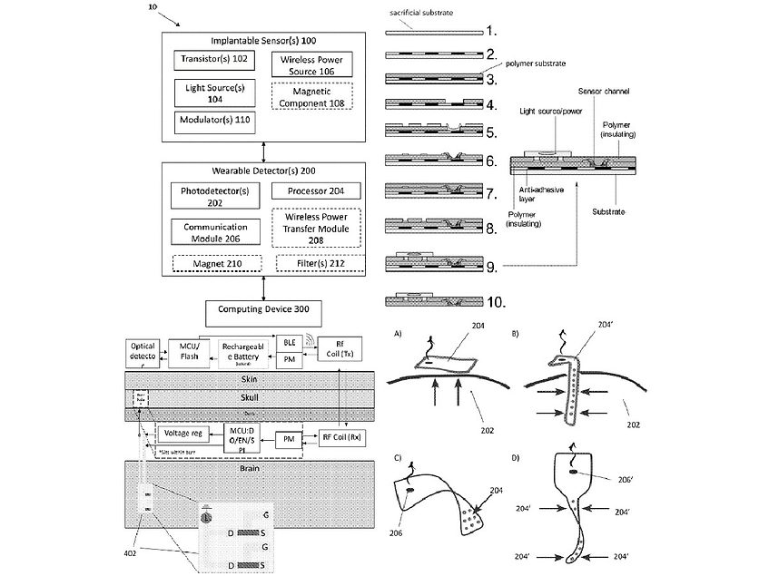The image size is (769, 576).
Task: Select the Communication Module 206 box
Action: pyautogui.click(x=214, y=231)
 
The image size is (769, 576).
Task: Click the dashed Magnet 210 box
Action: pyautogui.click(x=216, y=264)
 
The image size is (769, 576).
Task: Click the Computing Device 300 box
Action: pyautogui.click(x=263, y=310)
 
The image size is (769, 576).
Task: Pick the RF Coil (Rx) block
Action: pyautogui.click(x=343, y=438)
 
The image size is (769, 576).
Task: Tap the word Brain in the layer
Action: pyautogui.click(x=250, y=473)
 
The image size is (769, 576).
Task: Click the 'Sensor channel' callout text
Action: pyautogui.click(x=604, y=93)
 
